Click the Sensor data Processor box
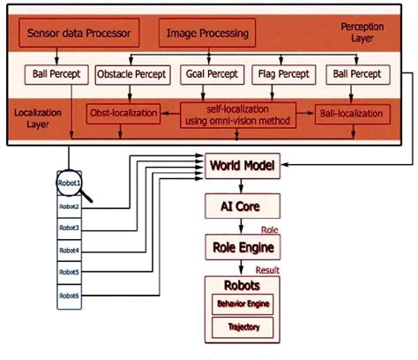78,35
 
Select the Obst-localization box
123,114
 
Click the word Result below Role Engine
268,269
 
